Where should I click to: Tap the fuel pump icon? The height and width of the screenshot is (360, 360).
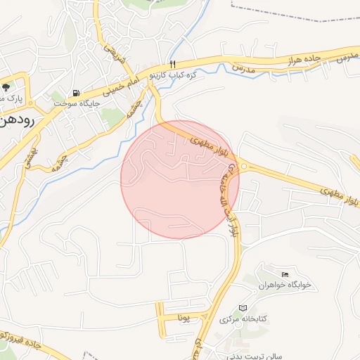75,93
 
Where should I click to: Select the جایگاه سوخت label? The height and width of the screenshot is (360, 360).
77,103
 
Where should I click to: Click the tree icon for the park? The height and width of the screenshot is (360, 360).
6,87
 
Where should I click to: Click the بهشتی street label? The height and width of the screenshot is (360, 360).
32,157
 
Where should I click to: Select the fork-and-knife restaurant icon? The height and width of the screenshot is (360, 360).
164,63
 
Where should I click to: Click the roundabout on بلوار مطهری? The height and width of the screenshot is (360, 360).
244,167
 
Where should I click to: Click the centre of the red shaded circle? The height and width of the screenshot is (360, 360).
180,179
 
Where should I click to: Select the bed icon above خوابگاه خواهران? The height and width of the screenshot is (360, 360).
285,274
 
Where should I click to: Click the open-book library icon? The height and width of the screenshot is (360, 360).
243,308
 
